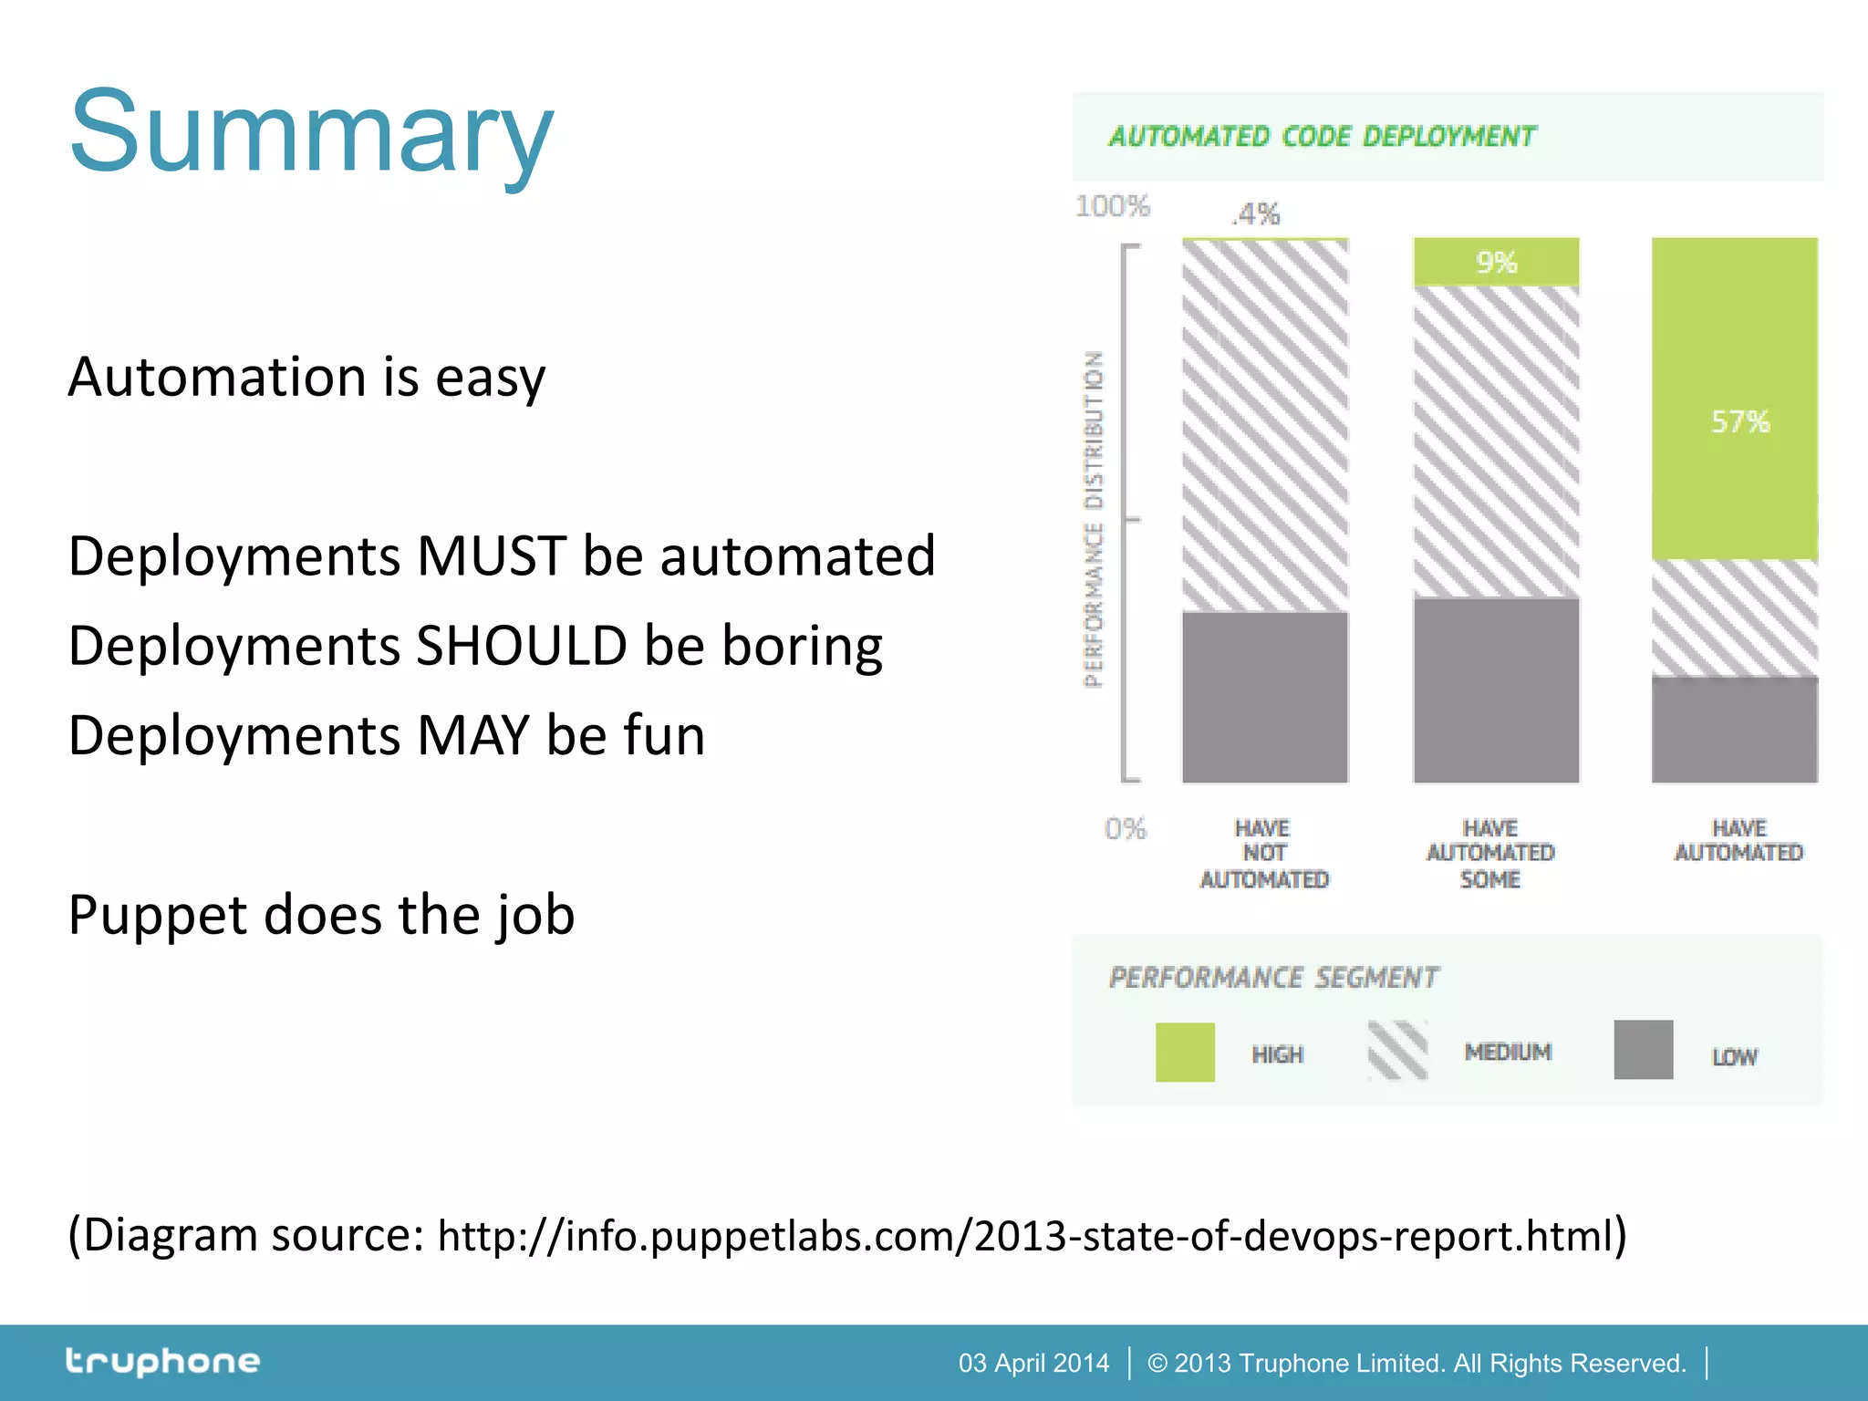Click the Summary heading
(311, 132)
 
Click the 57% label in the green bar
(1739, 422)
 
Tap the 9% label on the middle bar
(1496, 263)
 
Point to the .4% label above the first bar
(1256, 214)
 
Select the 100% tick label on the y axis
(1112, 206)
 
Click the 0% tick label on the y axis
(1125, 828)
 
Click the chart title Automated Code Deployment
(1322, 137)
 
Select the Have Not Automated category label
(1263, 854)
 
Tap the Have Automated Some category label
(1490, 854)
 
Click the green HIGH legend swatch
(1184, 1052)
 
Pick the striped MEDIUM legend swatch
(1397, 1051)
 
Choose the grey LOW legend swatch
(1643, 1050)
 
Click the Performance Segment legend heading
(1273, 978)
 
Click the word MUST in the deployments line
(491, 556)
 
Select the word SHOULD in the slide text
(521, 646)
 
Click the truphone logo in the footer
(162, 1362)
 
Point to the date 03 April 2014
(1033, 1363)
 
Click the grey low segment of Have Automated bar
(1734, 730)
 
